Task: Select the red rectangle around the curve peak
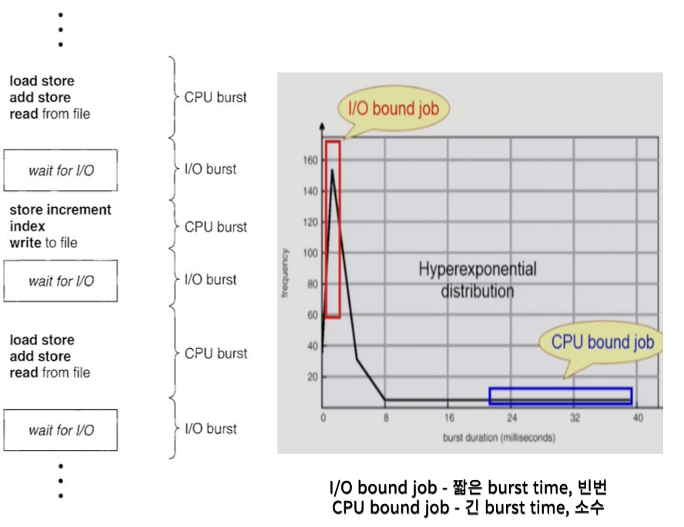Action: pyautogui.click(x=333, y=229)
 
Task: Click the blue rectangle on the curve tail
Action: pyautogui.click(x=560, y=396)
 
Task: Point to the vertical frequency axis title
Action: pyautogui.click(x=287, y=274)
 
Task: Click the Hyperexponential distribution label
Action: pyautogui.click(x=478, y=280)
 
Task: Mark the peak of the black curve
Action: pyautogui.click(x=332, y=171)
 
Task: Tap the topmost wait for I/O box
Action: pyautogui.click(x=61, y=170)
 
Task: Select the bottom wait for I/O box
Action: pyautogui.click(x=61, y=430)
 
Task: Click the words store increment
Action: pyautogui.click(x=60, y=210)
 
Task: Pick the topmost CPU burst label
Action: pyautogui.click(x=216, y=98)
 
